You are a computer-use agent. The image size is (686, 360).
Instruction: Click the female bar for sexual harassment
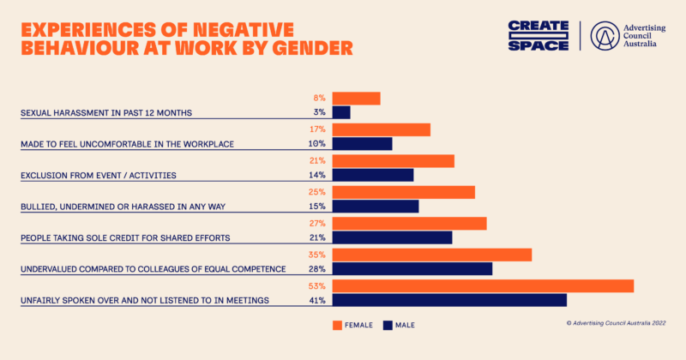356,99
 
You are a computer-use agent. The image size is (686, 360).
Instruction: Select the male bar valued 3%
341,112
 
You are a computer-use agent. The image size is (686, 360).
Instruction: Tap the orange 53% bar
483,286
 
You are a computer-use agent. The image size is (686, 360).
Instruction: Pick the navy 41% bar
449,300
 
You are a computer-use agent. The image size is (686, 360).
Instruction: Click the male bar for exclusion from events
373,175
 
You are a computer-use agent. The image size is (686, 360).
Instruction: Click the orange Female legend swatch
337,325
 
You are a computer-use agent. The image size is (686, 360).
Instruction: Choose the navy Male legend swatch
388,325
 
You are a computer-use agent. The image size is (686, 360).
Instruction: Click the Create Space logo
539,35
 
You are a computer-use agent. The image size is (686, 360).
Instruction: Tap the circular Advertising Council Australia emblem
605,36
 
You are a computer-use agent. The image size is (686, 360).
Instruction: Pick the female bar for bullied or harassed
403,193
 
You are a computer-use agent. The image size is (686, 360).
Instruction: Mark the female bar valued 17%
381,129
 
